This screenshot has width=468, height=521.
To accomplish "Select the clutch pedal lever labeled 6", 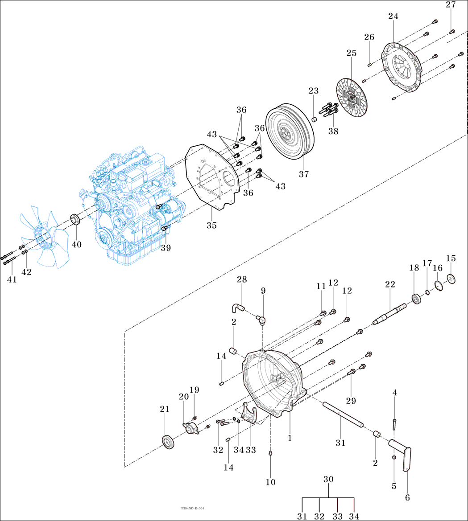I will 406,455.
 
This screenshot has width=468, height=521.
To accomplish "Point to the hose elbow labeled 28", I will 238,307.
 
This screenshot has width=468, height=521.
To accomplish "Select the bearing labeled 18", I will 417,299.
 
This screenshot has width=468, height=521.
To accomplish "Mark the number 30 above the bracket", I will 328,479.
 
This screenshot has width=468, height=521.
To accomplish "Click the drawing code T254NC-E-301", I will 192,508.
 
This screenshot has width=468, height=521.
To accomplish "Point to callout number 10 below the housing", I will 271,482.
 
